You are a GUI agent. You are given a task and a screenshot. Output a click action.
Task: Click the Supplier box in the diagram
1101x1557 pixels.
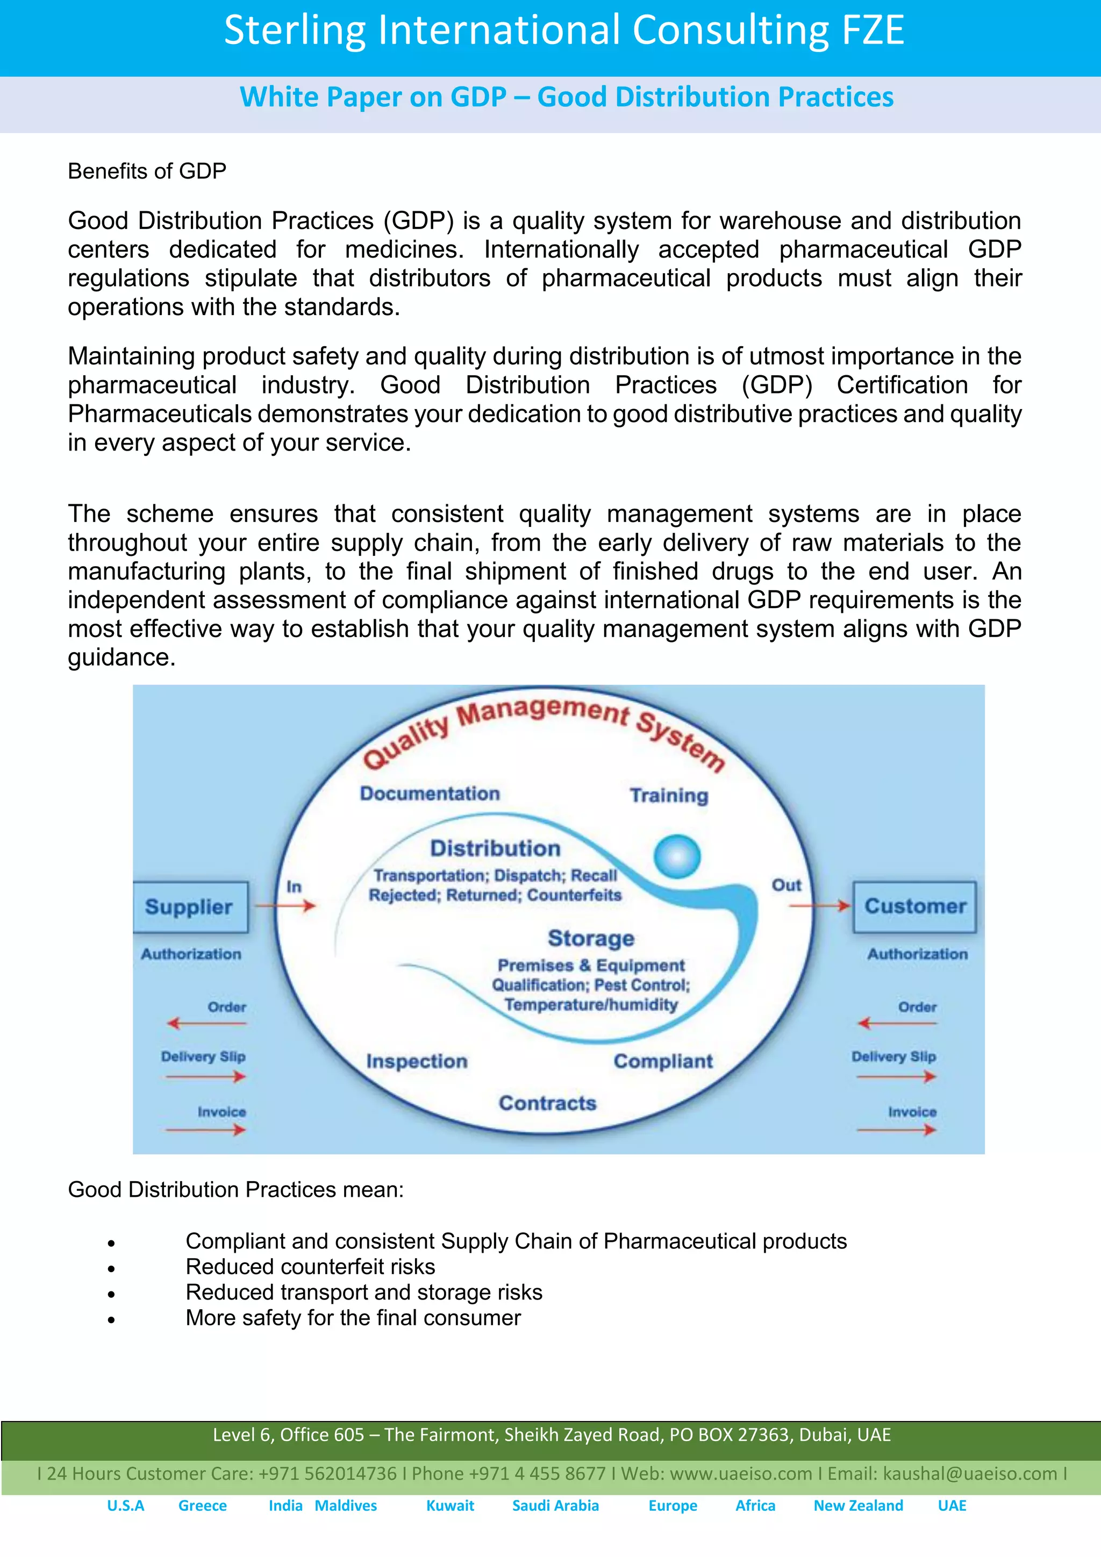190,908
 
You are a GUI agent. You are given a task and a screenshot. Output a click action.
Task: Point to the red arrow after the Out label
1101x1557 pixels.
820,905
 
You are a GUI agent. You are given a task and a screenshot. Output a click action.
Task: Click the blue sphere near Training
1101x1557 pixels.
677,856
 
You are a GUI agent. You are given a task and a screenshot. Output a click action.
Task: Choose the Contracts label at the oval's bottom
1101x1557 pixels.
547,1103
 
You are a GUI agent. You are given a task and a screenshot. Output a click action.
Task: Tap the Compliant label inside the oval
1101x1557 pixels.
663,1061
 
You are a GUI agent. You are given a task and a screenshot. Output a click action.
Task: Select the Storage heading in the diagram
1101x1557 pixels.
590,939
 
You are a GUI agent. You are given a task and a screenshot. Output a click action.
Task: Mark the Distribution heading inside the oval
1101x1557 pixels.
495,848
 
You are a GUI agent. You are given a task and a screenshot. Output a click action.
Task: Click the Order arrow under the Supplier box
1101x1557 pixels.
207,1023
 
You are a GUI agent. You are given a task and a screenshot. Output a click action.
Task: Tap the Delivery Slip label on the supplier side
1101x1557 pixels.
203,1056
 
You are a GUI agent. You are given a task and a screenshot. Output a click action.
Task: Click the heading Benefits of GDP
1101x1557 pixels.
147,172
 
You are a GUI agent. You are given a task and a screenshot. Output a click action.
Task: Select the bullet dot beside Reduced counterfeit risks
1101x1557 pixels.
111,1269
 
